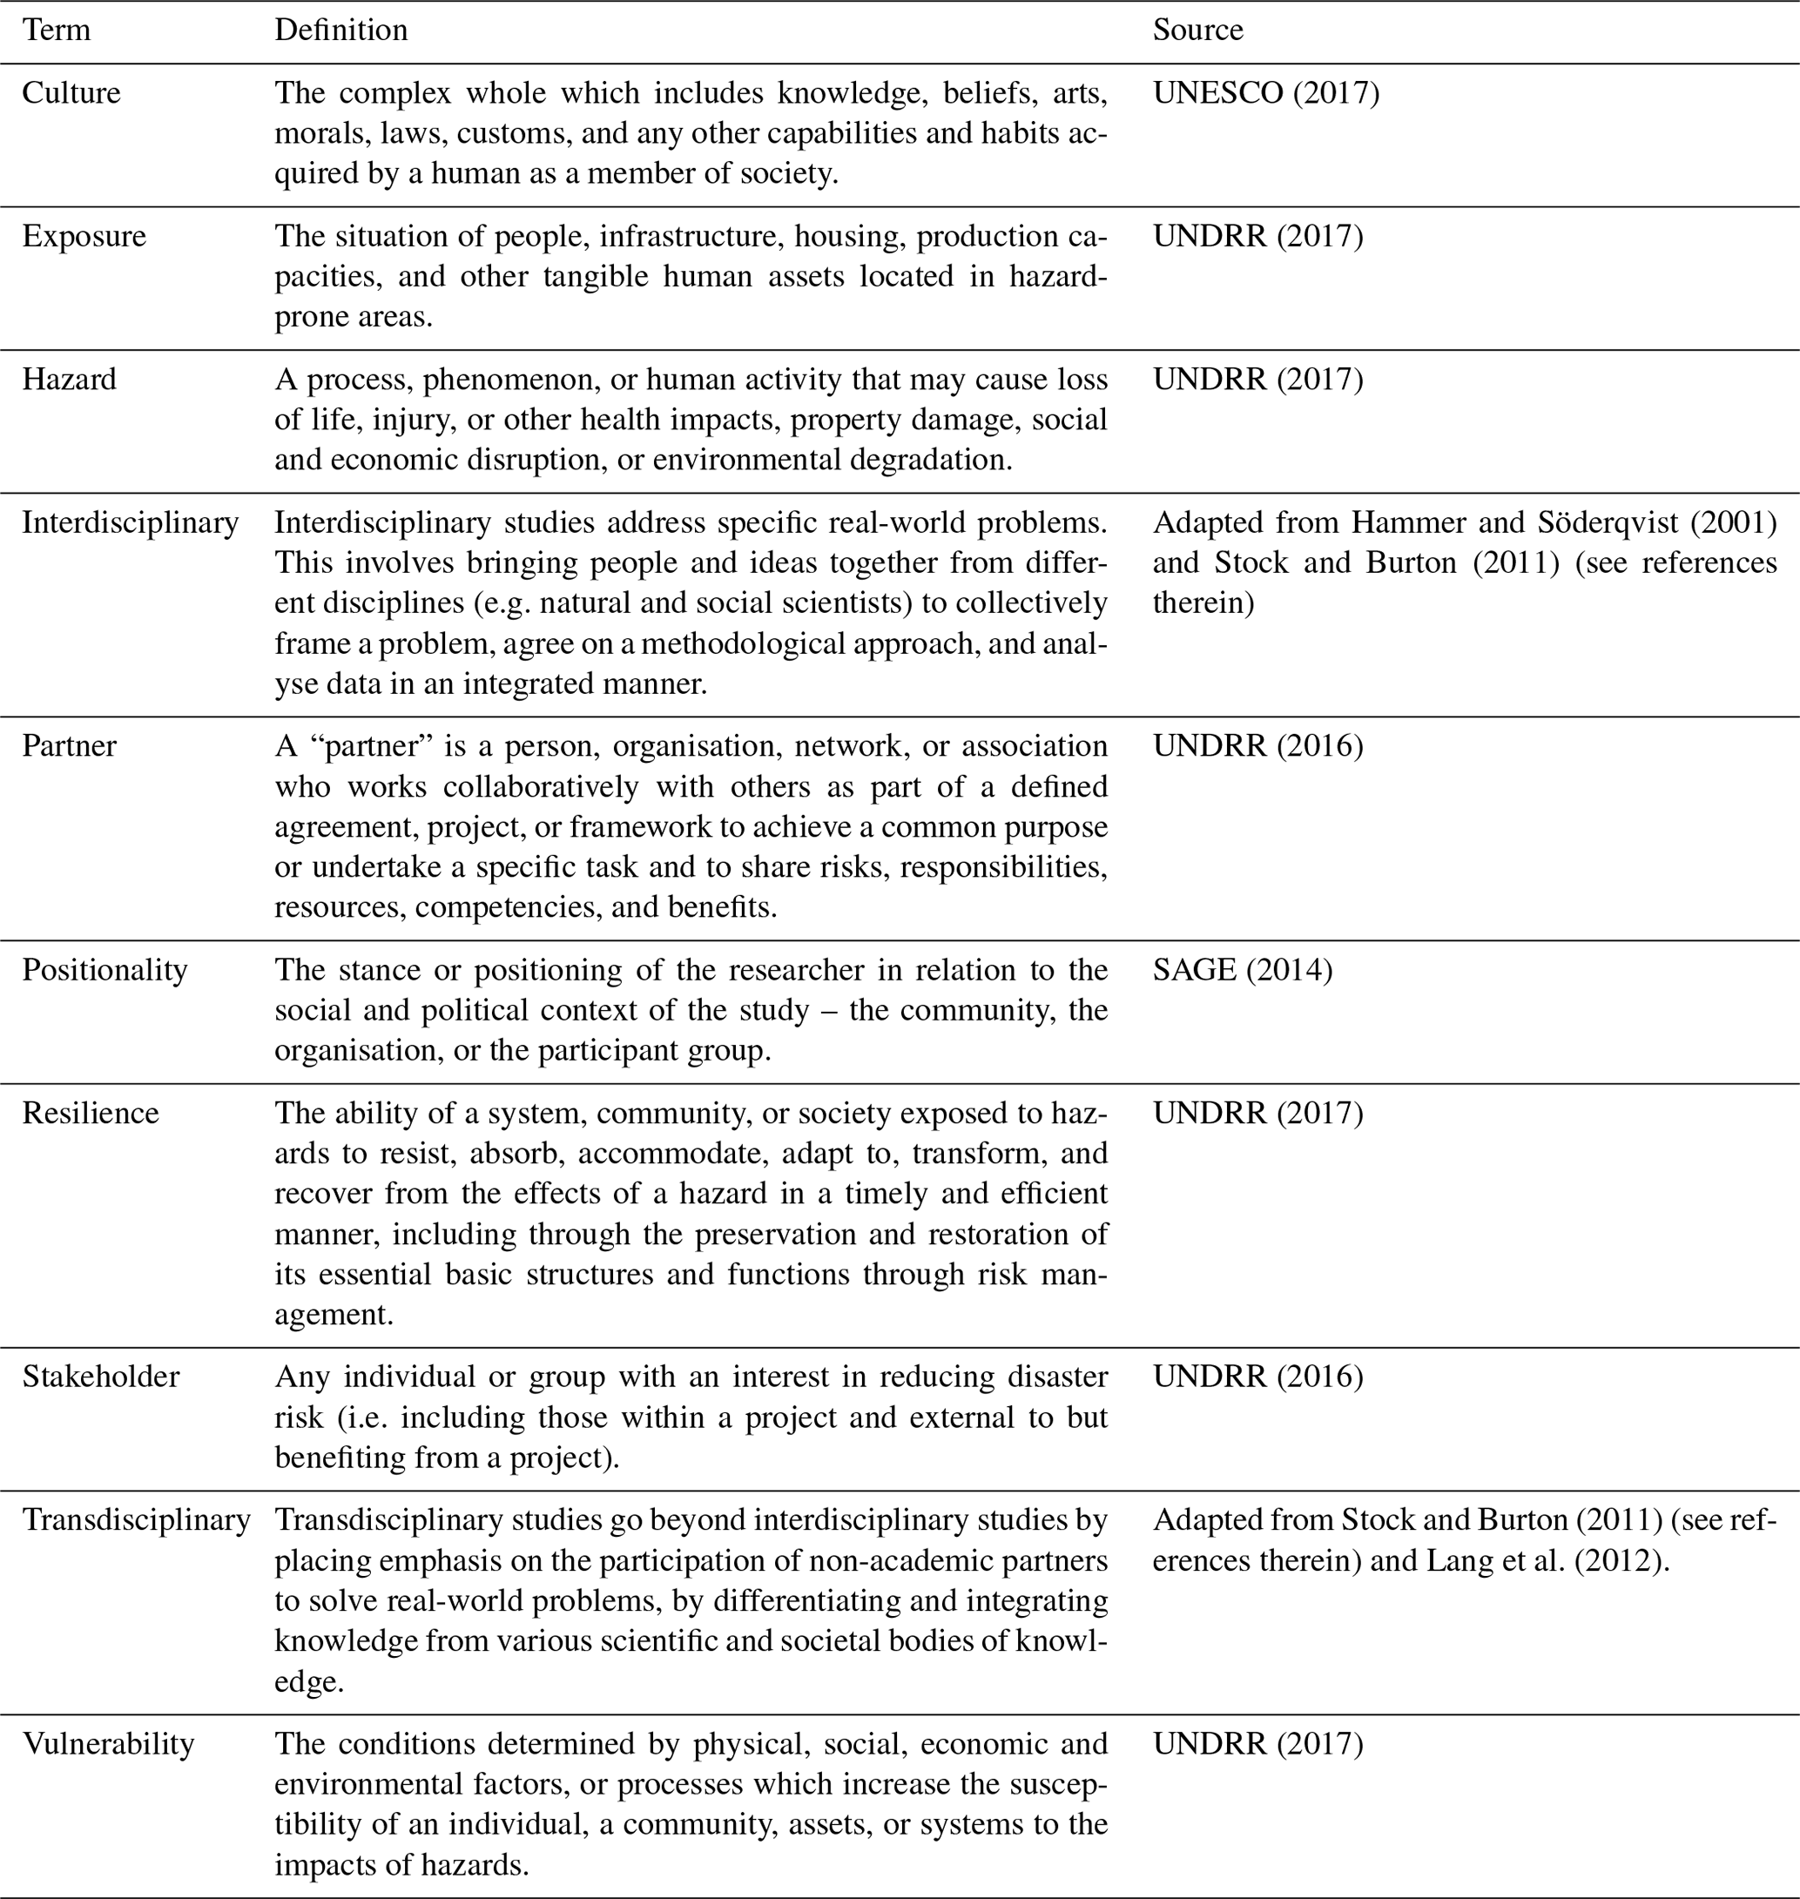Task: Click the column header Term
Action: click(x=56, y=30)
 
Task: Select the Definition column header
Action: click(x=340, y=30)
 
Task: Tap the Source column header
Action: click(x=1197, y=30)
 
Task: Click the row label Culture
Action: click(x=71, y=93)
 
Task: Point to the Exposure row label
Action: click(x=84, y=236)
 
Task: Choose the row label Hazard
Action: click(x=69, y=379)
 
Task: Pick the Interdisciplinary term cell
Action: click(x=131, y=523)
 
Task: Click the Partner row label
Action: click(x=69, y=745)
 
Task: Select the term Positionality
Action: click(x=104, y=969)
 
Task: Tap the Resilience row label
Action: click(x=91, y=1113)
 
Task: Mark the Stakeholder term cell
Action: click(x=101, y=1377)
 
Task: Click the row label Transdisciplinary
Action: click(x=136, y=1520)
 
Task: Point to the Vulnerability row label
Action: click(x=109, y=1743)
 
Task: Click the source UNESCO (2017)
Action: click(x=1265, y=93)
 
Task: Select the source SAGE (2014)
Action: click(x=1243, y=969)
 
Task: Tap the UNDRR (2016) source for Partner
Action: click(x=1257, y=745)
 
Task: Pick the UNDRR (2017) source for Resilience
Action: click(x=1257, y=1113)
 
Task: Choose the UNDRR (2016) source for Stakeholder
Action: click(x=1257, y=1377)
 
